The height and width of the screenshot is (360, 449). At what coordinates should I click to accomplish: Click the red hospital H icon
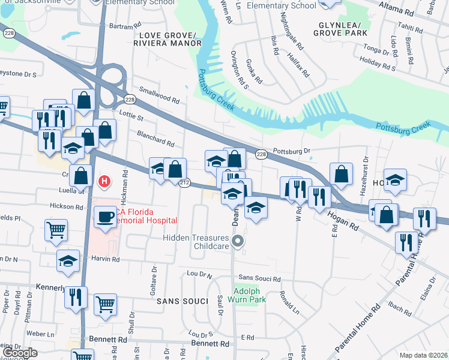coord(105,181)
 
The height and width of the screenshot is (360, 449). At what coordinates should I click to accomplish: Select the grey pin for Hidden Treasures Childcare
coord(238,242)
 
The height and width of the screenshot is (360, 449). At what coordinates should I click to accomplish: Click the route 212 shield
coord(184,182)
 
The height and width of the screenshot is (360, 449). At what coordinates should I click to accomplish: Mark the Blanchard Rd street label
coord(155,139)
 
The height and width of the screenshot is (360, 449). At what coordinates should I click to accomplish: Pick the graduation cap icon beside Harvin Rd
coord(68,261)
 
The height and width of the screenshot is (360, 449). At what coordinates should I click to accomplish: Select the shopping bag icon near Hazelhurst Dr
coord(341,174)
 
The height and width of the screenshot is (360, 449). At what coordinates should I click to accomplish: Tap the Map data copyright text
coord(423,355)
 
